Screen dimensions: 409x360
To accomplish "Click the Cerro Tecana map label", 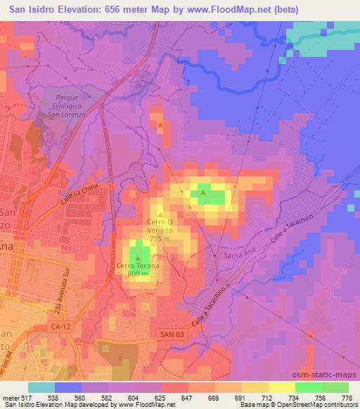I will (x=138, y=266).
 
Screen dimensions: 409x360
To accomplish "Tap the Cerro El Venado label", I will (x=161, y=223).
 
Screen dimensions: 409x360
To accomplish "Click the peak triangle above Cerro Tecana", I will (x=138, y=257).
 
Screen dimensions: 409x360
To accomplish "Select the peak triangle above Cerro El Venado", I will (x=160, y=214).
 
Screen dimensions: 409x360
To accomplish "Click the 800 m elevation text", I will (x=138, y=274).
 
